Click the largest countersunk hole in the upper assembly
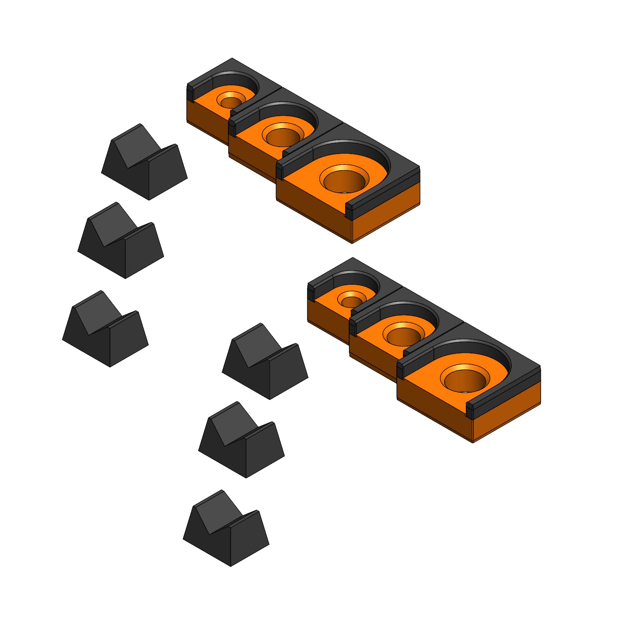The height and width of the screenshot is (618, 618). (344, 180)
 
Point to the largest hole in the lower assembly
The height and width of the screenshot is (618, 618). (465, 379)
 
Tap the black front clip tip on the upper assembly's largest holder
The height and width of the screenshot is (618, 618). (349, 211)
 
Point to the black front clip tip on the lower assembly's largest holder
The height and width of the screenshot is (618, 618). (469, 410)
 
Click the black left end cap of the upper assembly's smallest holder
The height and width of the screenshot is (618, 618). (190, 92)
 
